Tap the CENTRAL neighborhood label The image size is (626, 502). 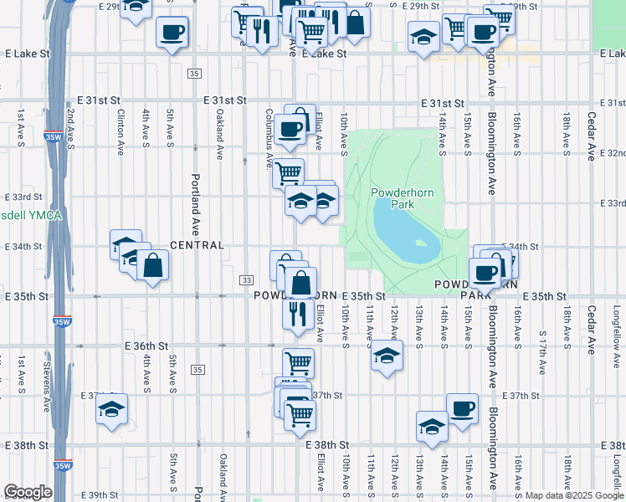[x=197, y=245]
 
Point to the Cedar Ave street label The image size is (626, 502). [x=591, y=126]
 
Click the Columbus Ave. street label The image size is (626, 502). [x=269, y=138]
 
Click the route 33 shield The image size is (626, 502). [x=246, y=279]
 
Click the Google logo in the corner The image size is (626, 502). [x=28, y=491]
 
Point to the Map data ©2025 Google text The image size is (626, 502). [x=573, y=495]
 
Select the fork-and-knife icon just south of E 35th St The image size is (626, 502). [x=297, y=314]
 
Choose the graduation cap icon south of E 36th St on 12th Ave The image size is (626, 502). [x=386, y=356]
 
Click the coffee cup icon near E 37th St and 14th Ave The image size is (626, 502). [x=462, y=409]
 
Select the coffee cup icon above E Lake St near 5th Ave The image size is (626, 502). [x=172, y=33]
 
